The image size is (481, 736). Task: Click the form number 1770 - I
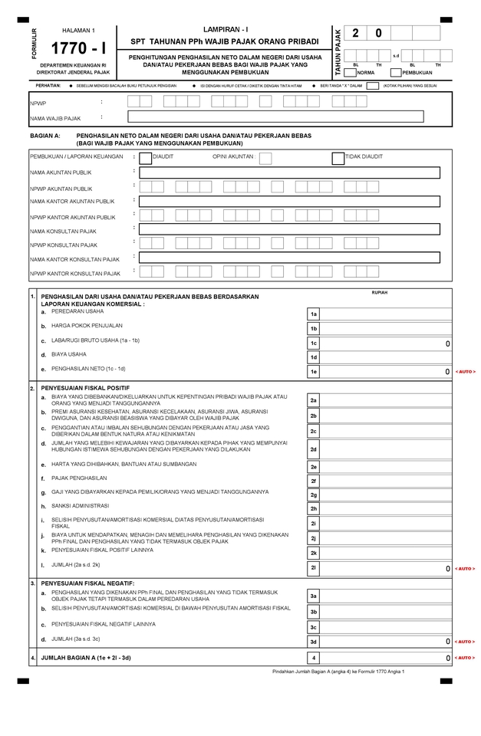[78, 48]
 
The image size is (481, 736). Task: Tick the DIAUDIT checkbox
[145, 157]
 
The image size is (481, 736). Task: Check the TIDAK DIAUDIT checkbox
[338, 157]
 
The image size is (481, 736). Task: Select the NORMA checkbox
[350, 73]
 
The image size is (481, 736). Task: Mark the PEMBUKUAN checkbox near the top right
[396, 73]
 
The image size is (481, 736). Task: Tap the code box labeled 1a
[314, 314]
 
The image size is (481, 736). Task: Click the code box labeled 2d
[314, 449]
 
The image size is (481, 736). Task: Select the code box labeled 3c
[314, 627]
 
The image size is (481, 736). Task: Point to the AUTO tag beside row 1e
[465, 372]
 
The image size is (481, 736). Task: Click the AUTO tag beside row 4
[465, 658]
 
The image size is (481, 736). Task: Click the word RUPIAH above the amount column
[379, 293]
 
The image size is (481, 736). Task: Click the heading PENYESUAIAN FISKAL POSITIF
[85, 389]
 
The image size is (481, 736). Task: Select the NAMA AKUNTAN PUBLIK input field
[290, 172]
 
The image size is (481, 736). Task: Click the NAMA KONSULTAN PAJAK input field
[290, 228]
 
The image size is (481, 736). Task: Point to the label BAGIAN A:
[44, 135]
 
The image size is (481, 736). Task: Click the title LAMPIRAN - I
[226, 28]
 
